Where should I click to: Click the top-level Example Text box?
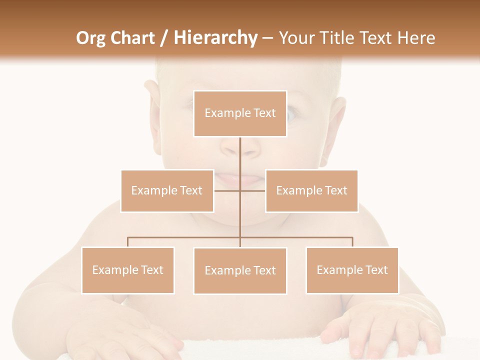[240, 113]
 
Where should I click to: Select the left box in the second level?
[167, 190]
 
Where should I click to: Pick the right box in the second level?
[311, 190]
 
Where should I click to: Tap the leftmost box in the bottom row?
[128, 270]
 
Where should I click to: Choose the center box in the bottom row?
[240, 270]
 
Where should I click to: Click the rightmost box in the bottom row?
[352, 270]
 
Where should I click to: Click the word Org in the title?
[90, 38]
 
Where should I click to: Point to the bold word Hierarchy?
[215, 38]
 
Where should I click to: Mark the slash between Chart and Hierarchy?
[164, 38]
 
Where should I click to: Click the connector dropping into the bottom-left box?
[128, 242]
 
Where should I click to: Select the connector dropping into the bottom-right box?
[352, 242]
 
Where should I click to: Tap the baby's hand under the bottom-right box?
[380, 327]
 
